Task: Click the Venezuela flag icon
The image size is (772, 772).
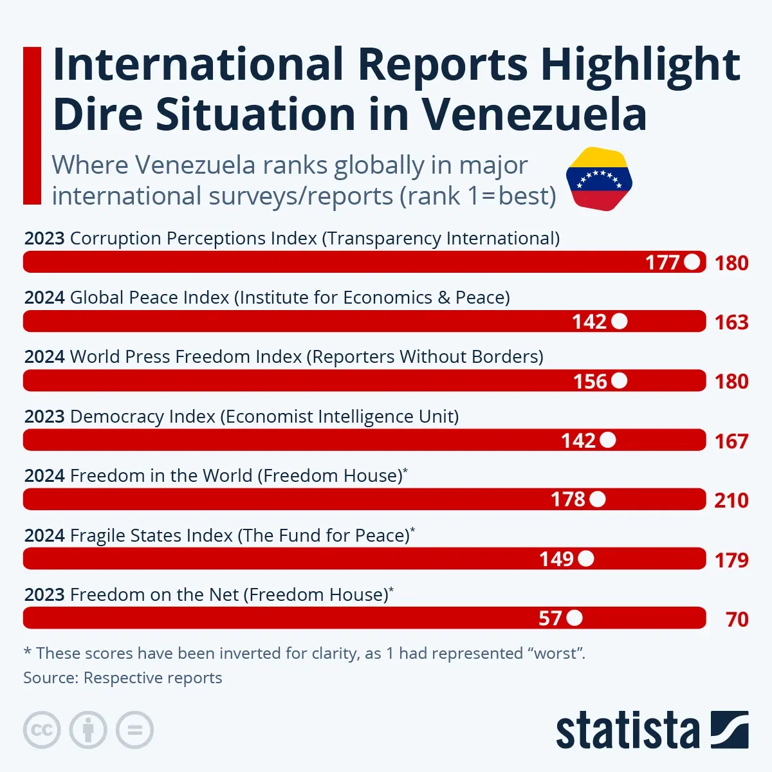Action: [x=599, y=179]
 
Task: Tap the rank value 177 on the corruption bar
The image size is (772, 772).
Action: [x=663, y=262]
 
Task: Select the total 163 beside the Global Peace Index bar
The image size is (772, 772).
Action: [x=731, y=322]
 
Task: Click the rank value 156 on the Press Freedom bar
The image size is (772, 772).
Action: [x=590, y=381]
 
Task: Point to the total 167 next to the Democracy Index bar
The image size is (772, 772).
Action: [x=731, y=441]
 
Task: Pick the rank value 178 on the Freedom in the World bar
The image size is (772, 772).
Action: [x=568, y=500]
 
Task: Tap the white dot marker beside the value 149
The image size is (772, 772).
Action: [x=586, y=559]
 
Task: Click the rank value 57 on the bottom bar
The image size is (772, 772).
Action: [x=550, y=619]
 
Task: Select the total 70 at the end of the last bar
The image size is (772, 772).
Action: [x=737, y=620]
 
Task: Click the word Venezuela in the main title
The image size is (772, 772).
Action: [x=534, y=115]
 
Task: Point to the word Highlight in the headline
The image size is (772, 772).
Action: [x=640, y=64]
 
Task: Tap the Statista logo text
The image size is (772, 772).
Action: [x=627, y=731]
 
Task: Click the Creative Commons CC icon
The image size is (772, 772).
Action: [x=42, y=730]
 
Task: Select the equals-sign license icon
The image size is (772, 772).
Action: [x=134, y=730]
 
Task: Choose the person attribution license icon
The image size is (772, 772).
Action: [x=88, y=730]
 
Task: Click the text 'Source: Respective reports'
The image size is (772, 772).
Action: [x=123, y=678]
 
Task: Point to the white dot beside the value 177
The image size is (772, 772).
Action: [x=692, y=262]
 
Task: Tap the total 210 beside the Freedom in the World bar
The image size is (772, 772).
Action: [x=731, y=501]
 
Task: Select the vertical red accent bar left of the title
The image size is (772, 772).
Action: [x=32, y=125]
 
